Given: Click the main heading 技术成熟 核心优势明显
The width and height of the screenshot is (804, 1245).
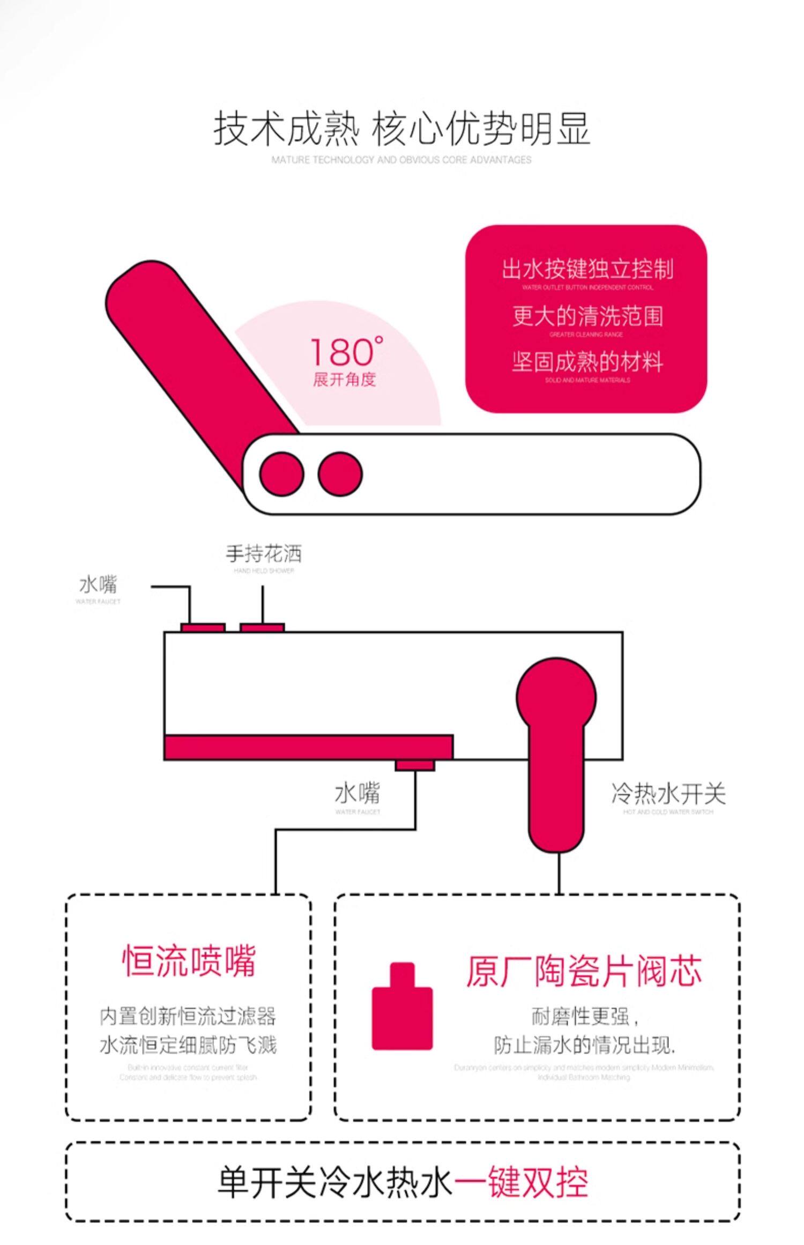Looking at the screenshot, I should [401, 129].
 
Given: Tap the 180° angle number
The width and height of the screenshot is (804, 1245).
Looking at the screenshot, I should [346, 352].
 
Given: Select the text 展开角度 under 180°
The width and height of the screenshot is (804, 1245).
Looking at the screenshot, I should [345, 380].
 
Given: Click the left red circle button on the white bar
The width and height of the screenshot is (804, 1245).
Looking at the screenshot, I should [281, 473].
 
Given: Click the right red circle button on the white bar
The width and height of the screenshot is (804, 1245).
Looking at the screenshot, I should [340, 473].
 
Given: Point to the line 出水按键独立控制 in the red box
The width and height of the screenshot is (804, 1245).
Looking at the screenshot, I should [587, 269].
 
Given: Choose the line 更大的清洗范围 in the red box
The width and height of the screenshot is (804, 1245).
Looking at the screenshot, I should [587, 316].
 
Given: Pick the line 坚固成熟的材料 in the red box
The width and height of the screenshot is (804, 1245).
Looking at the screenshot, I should [587, 362].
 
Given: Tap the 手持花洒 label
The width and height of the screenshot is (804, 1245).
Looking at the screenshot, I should [264, 554].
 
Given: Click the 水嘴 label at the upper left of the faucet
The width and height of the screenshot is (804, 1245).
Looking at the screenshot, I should [98, 584].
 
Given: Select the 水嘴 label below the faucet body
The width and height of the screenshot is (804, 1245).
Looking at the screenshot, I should [358, 794].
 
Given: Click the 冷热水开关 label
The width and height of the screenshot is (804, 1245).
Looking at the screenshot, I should [668, 794].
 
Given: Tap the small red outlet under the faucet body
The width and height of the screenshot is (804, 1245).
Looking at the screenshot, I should [415, 765].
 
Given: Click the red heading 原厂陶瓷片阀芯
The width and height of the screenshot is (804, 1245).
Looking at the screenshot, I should [583, 971].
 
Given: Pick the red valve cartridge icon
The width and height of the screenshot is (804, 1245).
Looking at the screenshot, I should [402, 1007].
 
